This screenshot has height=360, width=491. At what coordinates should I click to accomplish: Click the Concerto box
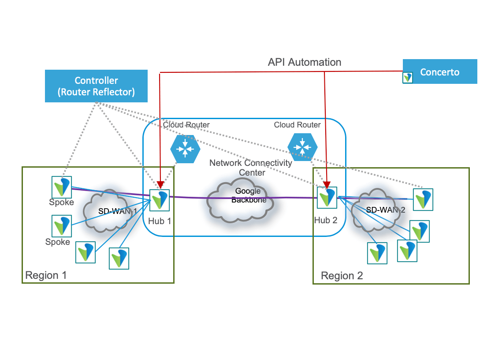pyautogui.click(x=440, y=71)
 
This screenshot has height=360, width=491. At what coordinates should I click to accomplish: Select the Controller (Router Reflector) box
pyautogui.click(x=96, y=86)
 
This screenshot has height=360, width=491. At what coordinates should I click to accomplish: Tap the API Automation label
pyautogui.click(x=304, y=62)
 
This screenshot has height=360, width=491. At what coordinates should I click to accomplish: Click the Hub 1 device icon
pyautogui.click(x=159, y=200)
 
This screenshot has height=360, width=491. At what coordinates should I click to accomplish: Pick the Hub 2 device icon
pyautogui.click(x=327, y=197)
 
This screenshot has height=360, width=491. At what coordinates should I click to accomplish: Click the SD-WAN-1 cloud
pyautogui.click(x=110, y=211)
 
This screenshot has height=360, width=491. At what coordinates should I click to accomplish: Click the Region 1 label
pyautogui.click(x=46, y=275)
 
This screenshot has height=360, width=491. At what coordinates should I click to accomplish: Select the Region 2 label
pyautogui.click(x=342, y=276)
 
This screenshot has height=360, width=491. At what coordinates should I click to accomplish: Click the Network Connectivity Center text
pyautogui.click(x=251, y=167)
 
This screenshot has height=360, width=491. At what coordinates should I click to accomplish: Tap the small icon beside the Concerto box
pyautogui.click(x=408, y=78)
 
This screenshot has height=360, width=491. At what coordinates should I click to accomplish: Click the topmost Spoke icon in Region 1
pyautogui.click(x=61, y=187)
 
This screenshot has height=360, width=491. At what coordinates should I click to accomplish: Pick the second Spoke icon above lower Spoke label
pyautogui.click(x=61, y=226)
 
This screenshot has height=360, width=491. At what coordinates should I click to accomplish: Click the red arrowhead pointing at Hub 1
pyautogui.click(x=160, y=184)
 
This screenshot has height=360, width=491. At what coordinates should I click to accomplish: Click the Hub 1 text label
pyautogui.click(x=159, y=221)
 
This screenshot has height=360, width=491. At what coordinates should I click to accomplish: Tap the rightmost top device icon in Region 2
pyautogui.click(x=423, y=199)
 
